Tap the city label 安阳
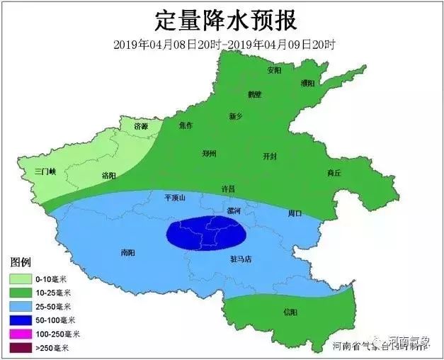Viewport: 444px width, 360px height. pos(275,71)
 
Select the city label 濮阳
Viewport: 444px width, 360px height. pos(308,83)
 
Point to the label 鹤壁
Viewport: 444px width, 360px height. pos(255,94)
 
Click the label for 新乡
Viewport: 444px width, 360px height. pos(237,116)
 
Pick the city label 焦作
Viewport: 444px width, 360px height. pos(186,125)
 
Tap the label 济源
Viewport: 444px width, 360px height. pos(142,125)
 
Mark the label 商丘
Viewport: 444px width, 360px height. pos(334,173)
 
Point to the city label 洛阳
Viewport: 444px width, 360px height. pos(109,175)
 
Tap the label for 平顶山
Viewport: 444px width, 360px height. pos(174,198)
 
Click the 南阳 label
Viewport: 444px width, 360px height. pos(127,252)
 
